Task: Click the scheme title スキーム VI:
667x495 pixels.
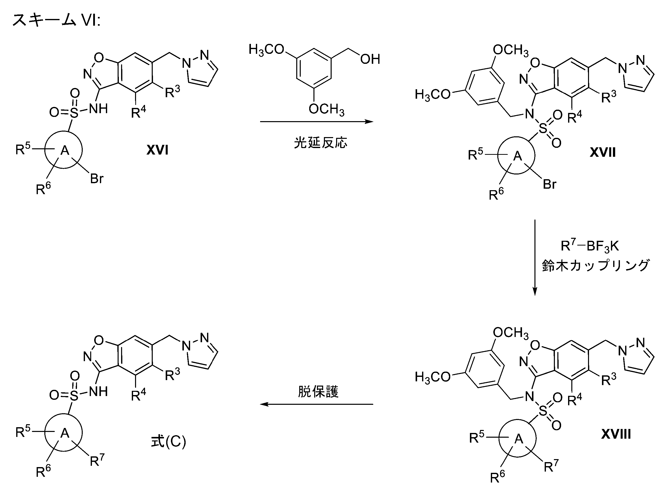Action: point(56,20)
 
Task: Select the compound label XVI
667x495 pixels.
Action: point(157,150)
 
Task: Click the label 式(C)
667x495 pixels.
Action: point(168,441)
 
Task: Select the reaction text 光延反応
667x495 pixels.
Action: point(320,143)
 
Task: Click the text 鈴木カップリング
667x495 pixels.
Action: point(595,265)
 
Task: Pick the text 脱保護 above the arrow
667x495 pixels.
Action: point(318,392)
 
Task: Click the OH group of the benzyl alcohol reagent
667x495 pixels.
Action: point(370,59)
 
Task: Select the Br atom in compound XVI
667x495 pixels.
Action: point(97,179)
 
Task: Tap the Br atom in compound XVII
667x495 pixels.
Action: point(550,184)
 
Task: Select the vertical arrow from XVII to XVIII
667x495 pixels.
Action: point(535,258)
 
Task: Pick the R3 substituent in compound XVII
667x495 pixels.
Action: point(609,97)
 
